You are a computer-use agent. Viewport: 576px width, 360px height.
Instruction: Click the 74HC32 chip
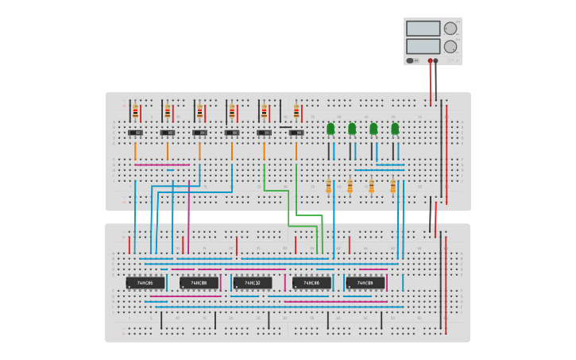(x=252, y=282)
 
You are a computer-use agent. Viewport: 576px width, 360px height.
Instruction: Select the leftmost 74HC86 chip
(x=145, y=282)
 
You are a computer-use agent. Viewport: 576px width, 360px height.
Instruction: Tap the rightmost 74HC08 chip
(x=365, y=282)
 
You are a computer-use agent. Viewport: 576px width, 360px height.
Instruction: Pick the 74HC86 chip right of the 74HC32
(x=311, y=282)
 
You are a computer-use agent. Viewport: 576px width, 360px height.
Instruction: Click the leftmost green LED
(x=331, y=129)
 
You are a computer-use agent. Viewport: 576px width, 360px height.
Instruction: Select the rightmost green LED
(x=395, y=129)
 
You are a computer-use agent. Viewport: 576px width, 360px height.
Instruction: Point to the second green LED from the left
(x=352, y=129)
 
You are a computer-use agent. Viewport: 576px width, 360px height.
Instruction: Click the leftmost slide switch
(x=135, y=133)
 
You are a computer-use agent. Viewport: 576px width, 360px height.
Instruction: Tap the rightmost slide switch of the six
(x=296, y=133)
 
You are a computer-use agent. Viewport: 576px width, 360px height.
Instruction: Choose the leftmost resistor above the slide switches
(x=135, y=112)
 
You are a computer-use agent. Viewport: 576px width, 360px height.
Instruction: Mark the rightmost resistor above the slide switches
(x=296, y=112)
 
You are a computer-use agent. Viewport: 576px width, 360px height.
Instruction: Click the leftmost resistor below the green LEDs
(x=328, y=187)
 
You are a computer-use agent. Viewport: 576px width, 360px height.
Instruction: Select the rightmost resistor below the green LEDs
(x=392, y=187)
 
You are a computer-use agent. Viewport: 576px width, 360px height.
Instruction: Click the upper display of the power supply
(x=423, y=29)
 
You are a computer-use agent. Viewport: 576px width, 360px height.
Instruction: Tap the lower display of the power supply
(x=423, y=46)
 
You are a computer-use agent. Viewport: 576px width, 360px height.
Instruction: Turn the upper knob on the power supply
(x=450, y=29)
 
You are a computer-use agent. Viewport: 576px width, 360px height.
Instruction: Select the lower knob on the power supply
(x=450, y=47)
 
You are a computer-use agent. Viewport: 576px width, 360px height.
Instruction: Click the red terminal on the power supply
(x=430, y=60)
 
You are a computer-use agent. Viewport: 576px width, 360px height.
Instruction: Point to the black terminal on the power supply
(x=435, y=60)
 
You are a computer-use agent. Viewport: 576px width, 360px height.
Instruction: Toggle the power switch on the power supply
(x=411, y=60)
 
